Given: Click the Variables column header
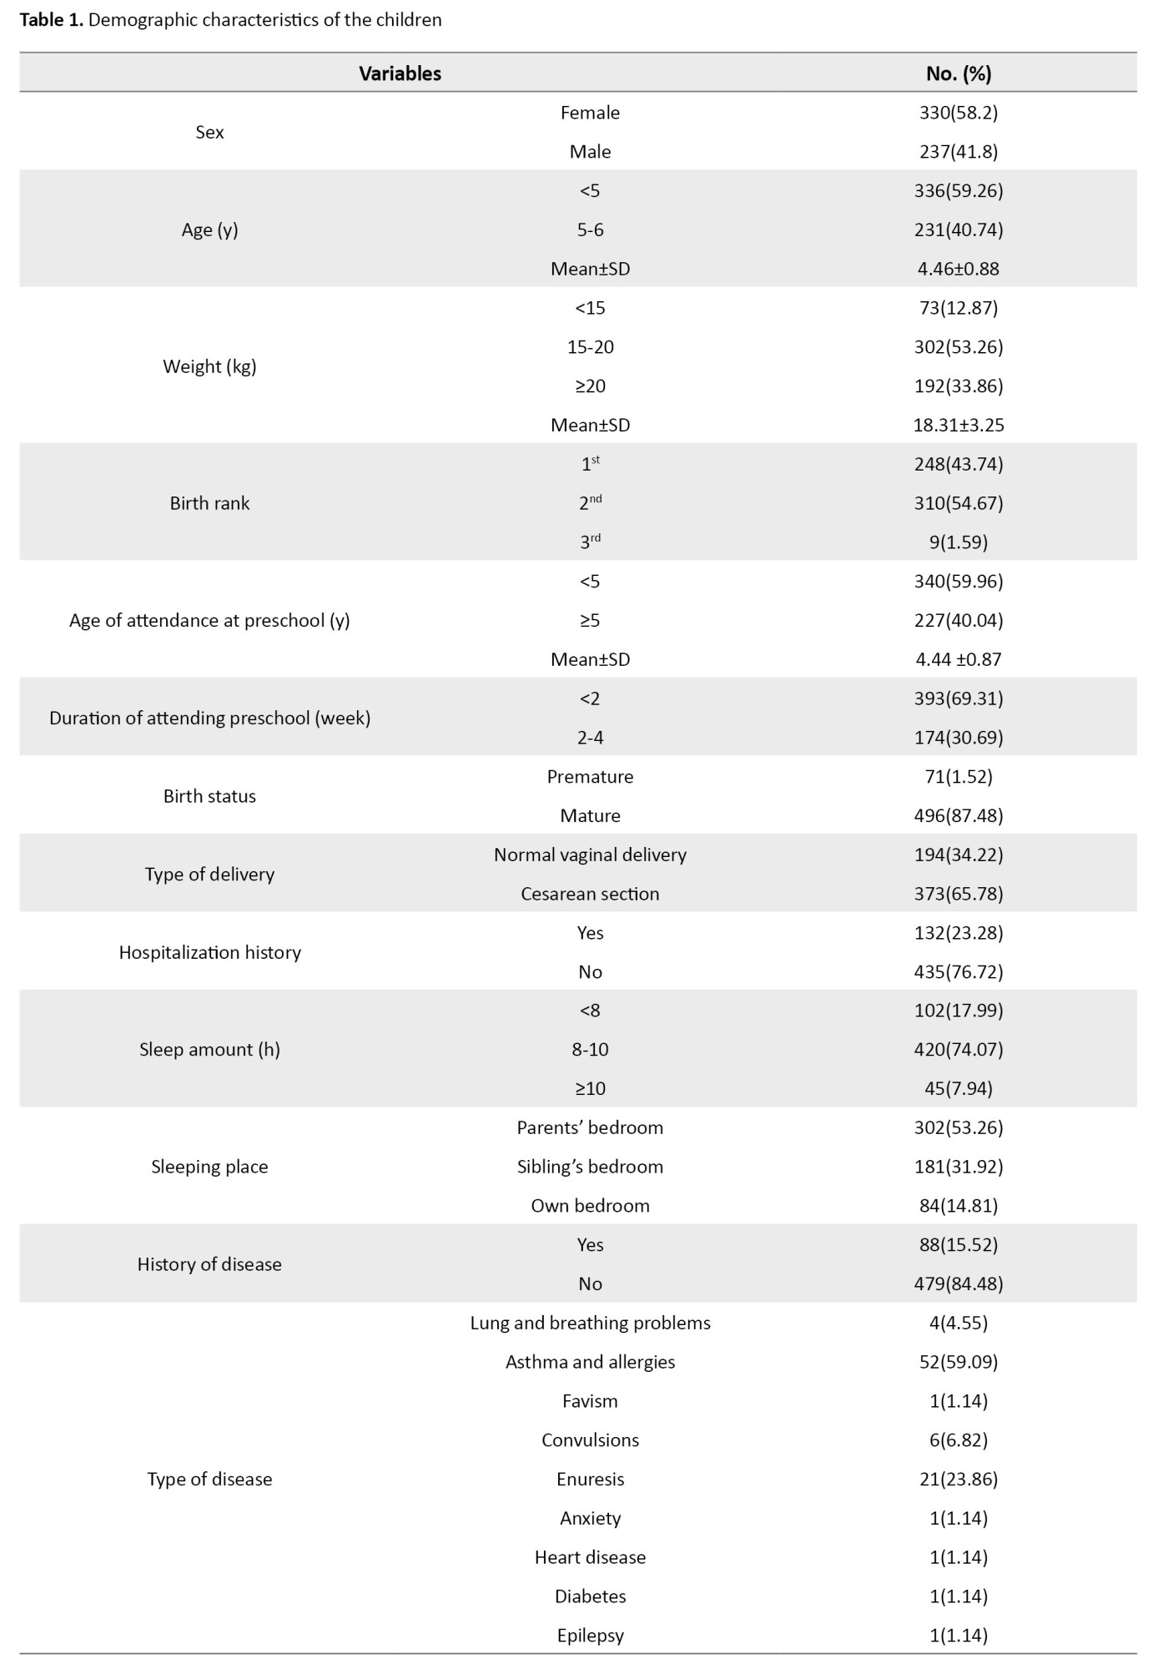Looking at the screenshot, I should pyautogui.click(x=400, y=73).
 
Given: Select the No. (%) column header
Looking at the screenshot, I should pyautogui.click(x=959, y=73).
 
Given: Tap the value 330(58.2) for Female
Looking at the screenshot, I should pyautogui.click(x=959, y=113).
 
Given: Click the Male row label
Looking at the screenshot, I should pyautogui.click(x=590, y=152).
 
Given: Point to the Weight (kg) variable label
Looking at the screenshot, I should pyautogui.click(x=209, y=366).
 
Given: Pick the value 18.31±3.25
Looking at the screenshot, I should pyautogui.click(x=959, y=425).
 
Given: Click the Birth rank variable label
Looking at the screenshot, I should pyautogui.click(x=209, y=503).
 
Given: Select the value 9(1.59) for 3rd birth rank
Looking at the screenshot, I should pyautogui.click(x=959, y=542).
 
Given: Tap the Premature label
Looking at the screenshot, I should pyautogui.click(x=590, y=777).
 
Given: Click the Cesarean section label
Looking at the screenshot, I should pyautogui.click(x=590, y=894).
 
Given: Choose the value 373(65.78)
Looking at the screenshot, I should pyautogui.click(x=959, y=894).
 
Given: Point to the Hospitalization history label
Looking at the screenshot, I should pyautogui.click(x=209, y=952).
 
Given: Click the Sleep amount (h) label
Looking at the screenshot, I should pyautogui.click(x=209, y=1050).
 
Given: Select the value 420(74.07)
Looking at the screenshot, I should pyautogui.click(x=959, y=1050).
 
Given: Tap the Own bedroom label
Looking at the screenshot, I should pyautogui.click(x=590, y=1206).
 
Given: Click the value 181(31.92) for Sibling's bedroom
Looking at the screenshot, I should pyautogui.click(x=959, y=1167).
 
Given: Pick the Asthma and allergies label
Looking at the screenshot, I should pyautogui.click(x=590, y=1362).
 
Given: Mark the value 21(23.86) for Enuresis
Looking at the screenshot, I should pyautogui.click(x=959, y=1479).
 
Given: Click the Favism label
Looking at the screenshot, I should pyautogui.click(x=590, y=1401).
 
